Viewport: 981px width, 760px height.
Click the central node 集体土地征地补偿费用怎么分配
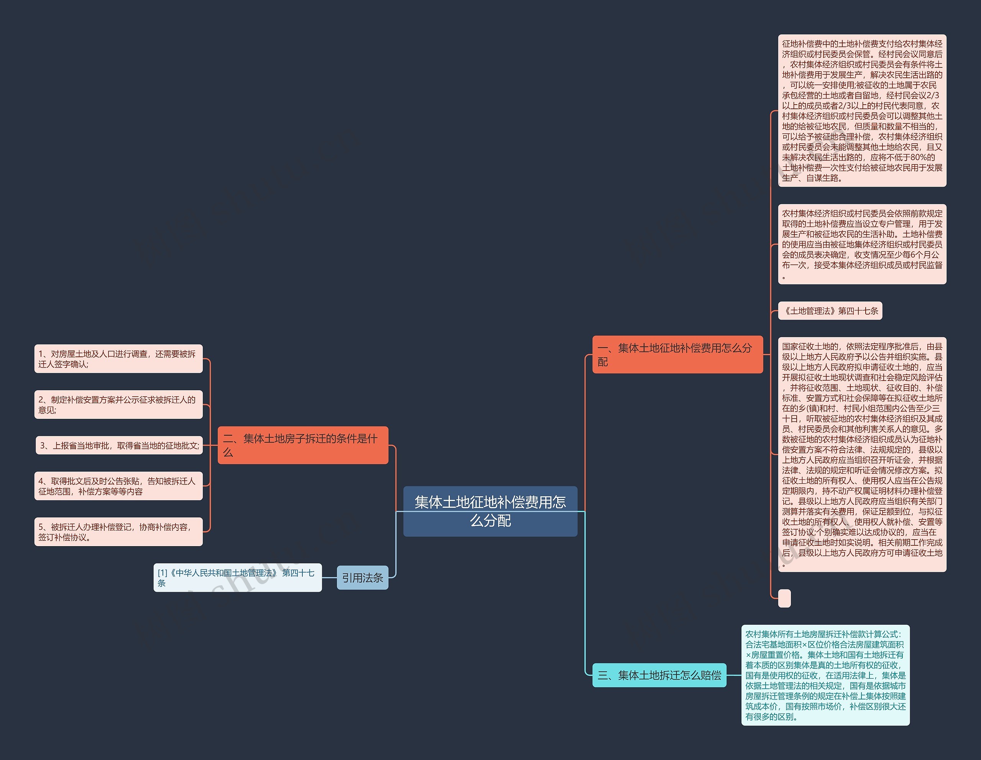coord(490,511)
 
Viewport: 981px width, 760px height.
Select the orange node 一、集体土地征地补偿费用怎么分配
coord(678,355)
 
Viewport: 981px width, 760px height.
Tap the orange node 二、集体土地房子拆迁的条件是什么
coord(303,445)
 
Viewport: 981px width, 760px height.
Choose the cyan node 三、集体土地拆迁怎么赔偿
coord(659,675)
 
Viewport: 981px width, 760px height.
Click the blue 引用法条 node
coord(363,578)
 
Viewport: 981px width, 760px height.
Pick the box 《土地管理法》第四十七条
coord(830,311)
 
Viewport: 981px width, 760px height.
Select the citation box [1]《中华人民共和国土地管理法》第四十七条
coord(237,578)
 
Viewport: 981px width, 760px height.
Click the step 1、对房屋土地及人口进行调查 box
coord(118,359)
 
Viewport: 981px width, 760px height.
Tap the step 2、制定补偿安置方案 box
coord(118,405)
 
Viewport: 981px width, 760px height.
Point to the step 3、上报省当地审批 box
coord(119,446)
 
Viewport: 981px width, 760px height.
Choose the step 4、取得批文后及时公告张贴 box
coord(118,486)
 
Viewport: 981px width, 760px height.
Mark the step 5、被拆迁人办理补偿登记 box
coord(118,532)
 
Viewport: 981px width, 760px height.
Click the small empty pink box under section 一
coord(784,598)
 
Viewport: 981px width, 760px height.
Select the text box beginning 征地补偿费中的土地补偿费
coord(861,110)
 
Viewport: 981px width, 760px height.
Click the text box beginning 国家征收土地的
coord(861,455)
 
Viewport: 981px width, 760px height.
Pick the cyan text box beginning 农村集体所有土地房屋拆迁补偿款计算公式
coord(825,675)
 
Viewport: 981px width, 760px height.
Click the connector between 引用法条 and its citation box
coord(329,578)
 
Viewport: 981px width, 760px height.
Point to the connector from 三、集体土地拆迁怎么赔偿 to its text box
coord(733,675)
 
